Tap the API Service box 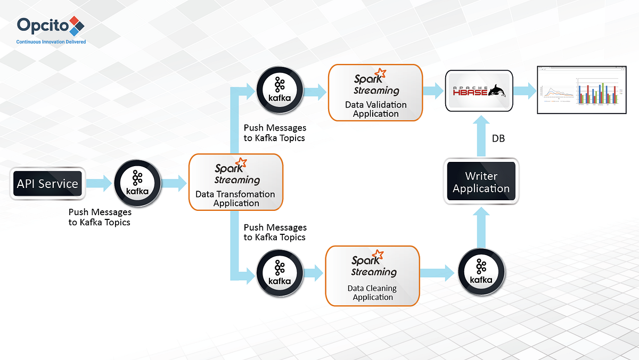(47, 184)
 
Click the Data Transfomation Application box (235, 182)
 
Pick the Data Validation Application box (375, 92)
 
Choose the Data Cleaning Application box (372, 276)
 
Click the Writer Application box (481, 182)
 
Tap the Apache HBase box (479, 91)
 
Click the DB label (498, 138)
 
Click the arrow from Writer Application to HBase (481, 136)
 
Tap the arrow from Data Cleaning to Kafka (437, 274)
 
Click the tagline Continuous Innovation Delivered (51, 42)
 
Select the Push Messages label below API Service (100, 217)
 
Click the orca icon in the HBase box (498, 91)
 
